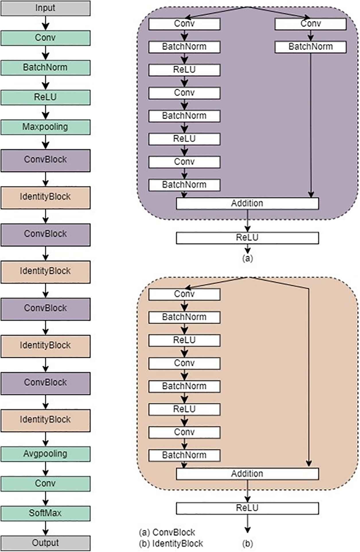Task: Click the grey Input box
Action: tap(45, 8)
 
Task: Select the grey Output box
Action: tap(45, 543)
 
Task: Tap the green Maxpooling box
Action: tap(45, 127)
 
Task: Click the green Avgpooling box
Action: tap(45, 454)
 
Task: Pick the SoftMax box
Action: tap(45, 513)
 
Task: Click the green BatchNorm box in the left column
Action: tap(45, 68)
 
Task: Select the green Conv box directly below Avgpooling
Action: tap(45, 484)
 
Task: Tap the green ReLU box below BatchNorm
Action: tap(45, 97)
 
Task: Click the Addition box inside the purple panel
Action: tap(247, 203)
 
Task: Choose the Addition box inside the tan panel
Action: tap(247, 474)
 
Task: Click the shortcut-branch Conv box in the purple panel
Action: tap(311, 24)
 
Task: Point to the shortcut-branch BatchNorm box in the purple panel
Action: tap(311, 47)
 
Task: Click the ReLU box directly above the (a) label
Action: tap(247, 238)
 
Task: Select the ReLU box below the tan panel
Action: tap(247, 508)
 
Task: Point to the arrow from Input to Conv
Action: tap(46, 23)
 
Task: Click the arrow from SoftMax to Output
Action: tap(46, 528)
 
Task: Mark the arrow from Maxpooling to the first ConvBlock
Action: tap(46, 142)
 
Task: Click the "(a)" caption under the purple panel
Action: tap(248, 258)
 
